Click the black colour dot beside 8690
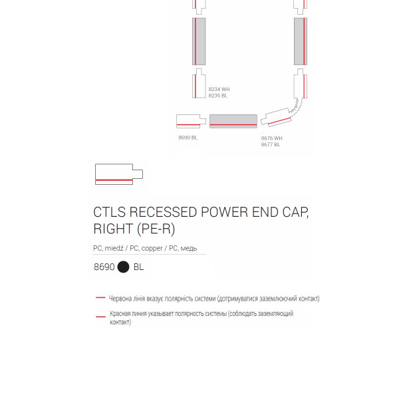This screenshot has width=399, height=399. (124, 267)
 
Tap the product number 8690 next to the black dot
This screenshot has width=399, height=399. (104, 267)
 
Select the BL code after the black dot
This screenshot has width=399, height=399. (139, 267)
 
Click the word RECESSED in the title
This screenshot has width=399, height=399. (163, 212)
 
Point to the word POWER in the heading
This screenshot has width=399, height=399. (225, 212)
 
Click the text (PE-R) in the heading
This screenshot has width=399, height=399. (156, 229)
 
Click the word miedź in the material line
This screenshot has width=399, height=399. (114, 248)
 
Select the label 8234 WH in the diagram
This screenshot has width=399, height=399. (219, 89)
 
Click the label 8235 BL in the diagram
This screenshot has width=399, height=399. (218, 96)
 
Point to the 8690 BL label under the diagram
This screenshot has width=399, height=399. (188, 138)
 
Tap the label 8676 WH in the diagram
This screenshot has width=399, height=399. (271, 138)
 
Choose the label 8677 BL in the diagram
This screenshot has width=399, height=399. (271, 144)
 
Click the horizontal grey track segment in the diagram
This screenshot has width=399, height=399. (233, 121)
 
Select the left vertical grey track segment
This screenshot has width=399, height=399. (199, 41)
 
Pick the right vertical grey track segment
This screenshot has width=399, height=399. (301, 41)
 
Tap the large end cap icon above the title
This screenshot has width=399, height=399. (119, 174)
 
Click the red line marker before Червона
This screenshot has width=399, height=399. (100, 297)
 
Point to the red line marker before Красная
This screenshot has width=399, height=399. (100, 317)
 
